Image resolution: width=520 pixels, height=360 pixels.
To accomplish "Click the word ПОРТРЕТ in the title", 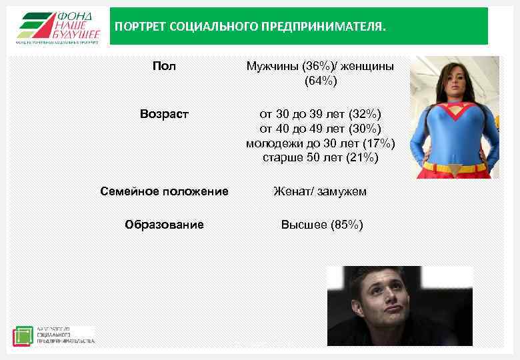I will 140,27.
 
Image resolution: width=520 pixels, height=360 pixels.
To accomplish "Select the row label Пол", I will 164,66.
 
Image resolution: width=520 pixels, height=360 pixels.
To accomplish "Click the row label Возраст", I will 164,114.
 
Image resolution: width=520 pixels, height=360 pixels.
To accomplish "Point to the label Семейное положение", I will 164,191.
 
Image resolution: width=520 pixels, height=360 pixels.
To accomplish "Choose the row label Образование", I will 164,225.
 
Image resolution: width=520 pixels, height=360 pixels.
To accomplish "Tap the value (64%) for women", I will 321,81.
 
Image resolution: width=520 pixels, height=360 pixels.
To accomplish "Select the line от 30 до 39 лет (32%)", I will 321,114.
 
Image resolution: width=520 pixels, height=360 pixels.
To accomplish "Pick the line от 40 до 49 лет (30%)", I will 321,129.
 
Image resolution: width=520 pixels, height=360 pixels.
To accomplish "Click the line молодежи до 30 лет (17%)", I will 321,143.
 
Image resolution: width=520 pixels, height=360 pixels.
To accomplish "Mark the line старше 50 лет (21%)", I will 321,158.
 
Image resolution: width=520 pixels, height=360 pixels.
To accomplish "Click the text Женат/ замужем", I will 321,191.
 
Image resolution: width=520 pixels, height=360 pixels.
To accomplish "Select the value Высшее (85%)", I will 321,225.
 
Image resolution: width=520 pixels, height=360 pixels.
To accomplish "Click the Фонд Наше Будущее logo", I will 58,27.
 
